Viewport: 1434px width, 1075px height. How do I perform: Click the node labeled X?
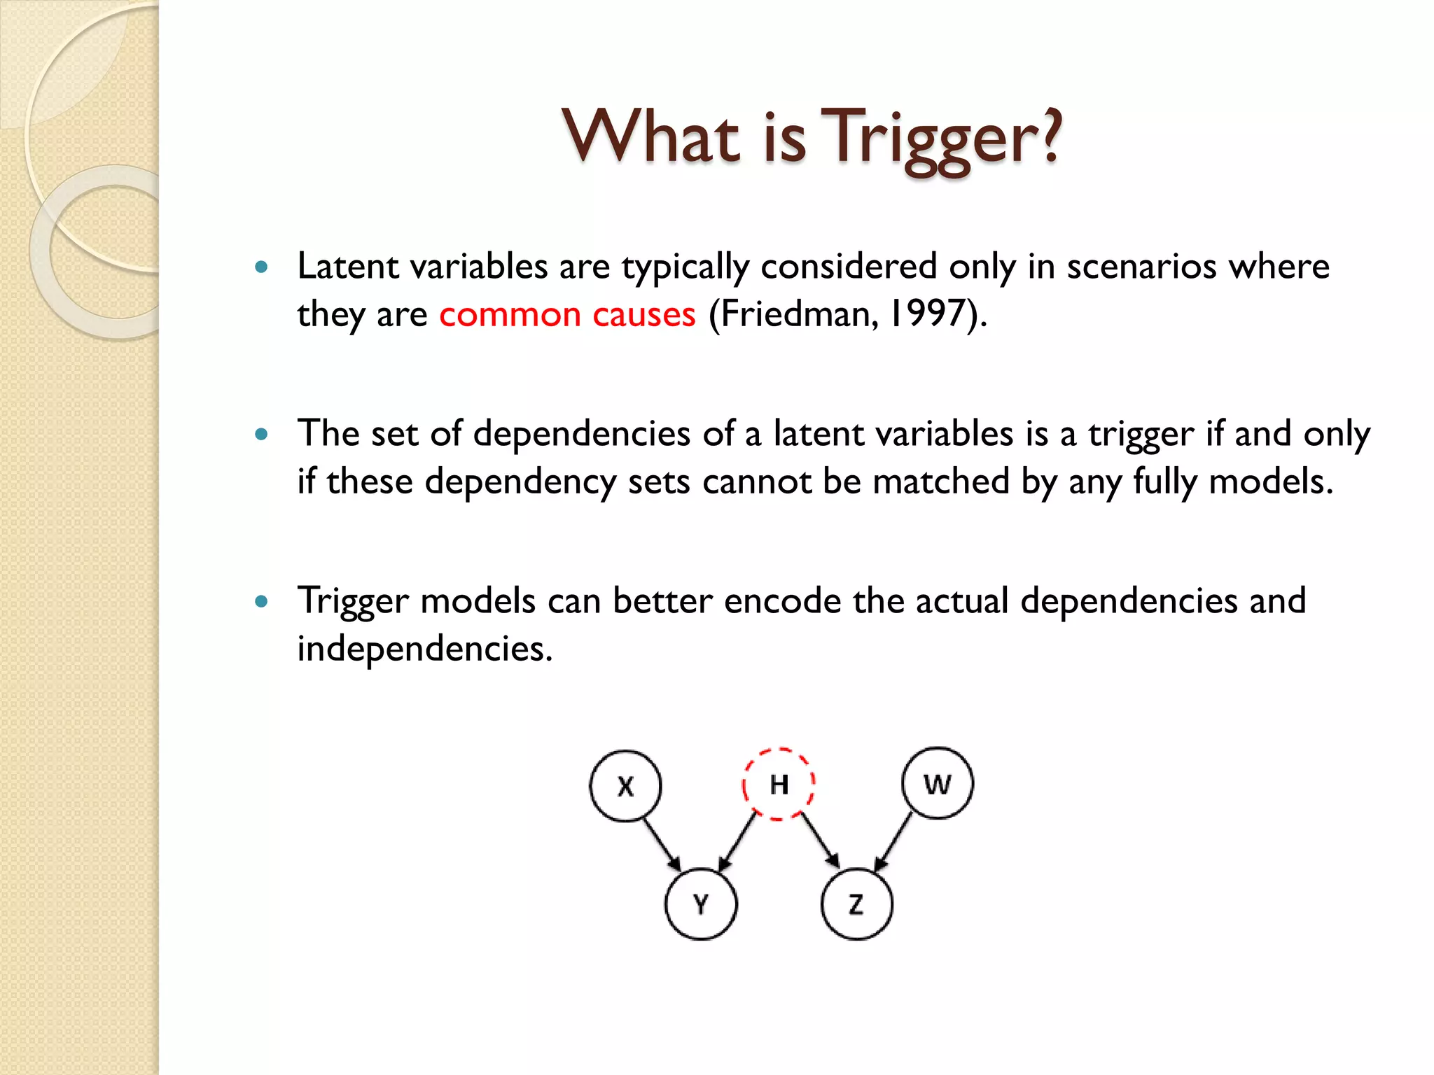pos(625,785)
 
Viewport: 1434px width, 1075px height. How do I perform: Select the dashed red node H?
pos(779,784)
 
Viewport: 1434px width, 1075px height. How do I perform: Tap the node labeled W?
pos(938,783)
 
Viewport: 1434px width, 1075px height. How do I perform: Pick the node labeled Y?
pos(701,904)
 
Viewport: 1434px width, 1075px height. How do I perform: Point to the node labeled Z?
pos(856,904)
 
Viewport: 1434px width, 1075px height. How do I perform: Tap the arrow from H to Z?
pos(821,842)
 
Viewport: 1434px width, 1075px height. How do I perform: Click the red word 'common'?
pos(510,315)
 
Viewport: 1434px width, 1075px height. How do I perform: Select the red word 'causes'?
pos(644,315)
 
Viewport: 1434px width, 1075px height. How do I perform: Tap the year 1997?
pos(927,314)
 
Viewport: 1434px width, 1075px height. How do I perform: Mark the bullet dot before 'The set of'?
pos(262,434)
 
